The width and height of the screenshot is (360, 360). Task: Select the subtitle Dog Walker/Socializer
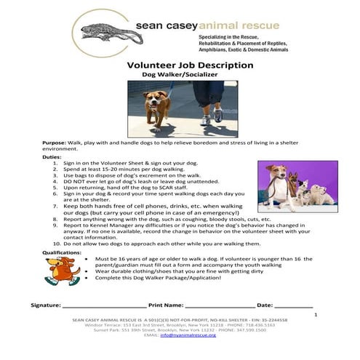click(x=180, y=75)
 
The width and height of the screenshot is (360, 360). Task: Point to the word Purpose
click(x=55, y=143)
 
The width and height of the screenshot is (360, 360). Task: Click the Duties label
click(x=52, y=156)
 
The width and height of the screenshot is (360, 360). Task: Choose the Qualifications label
click(x=61, y=252)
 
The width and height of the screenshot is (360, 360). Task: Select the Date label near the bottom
click(x=266, y=305)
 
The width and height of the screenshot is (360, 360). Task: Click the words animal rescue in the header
click(x=239, y=27)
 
